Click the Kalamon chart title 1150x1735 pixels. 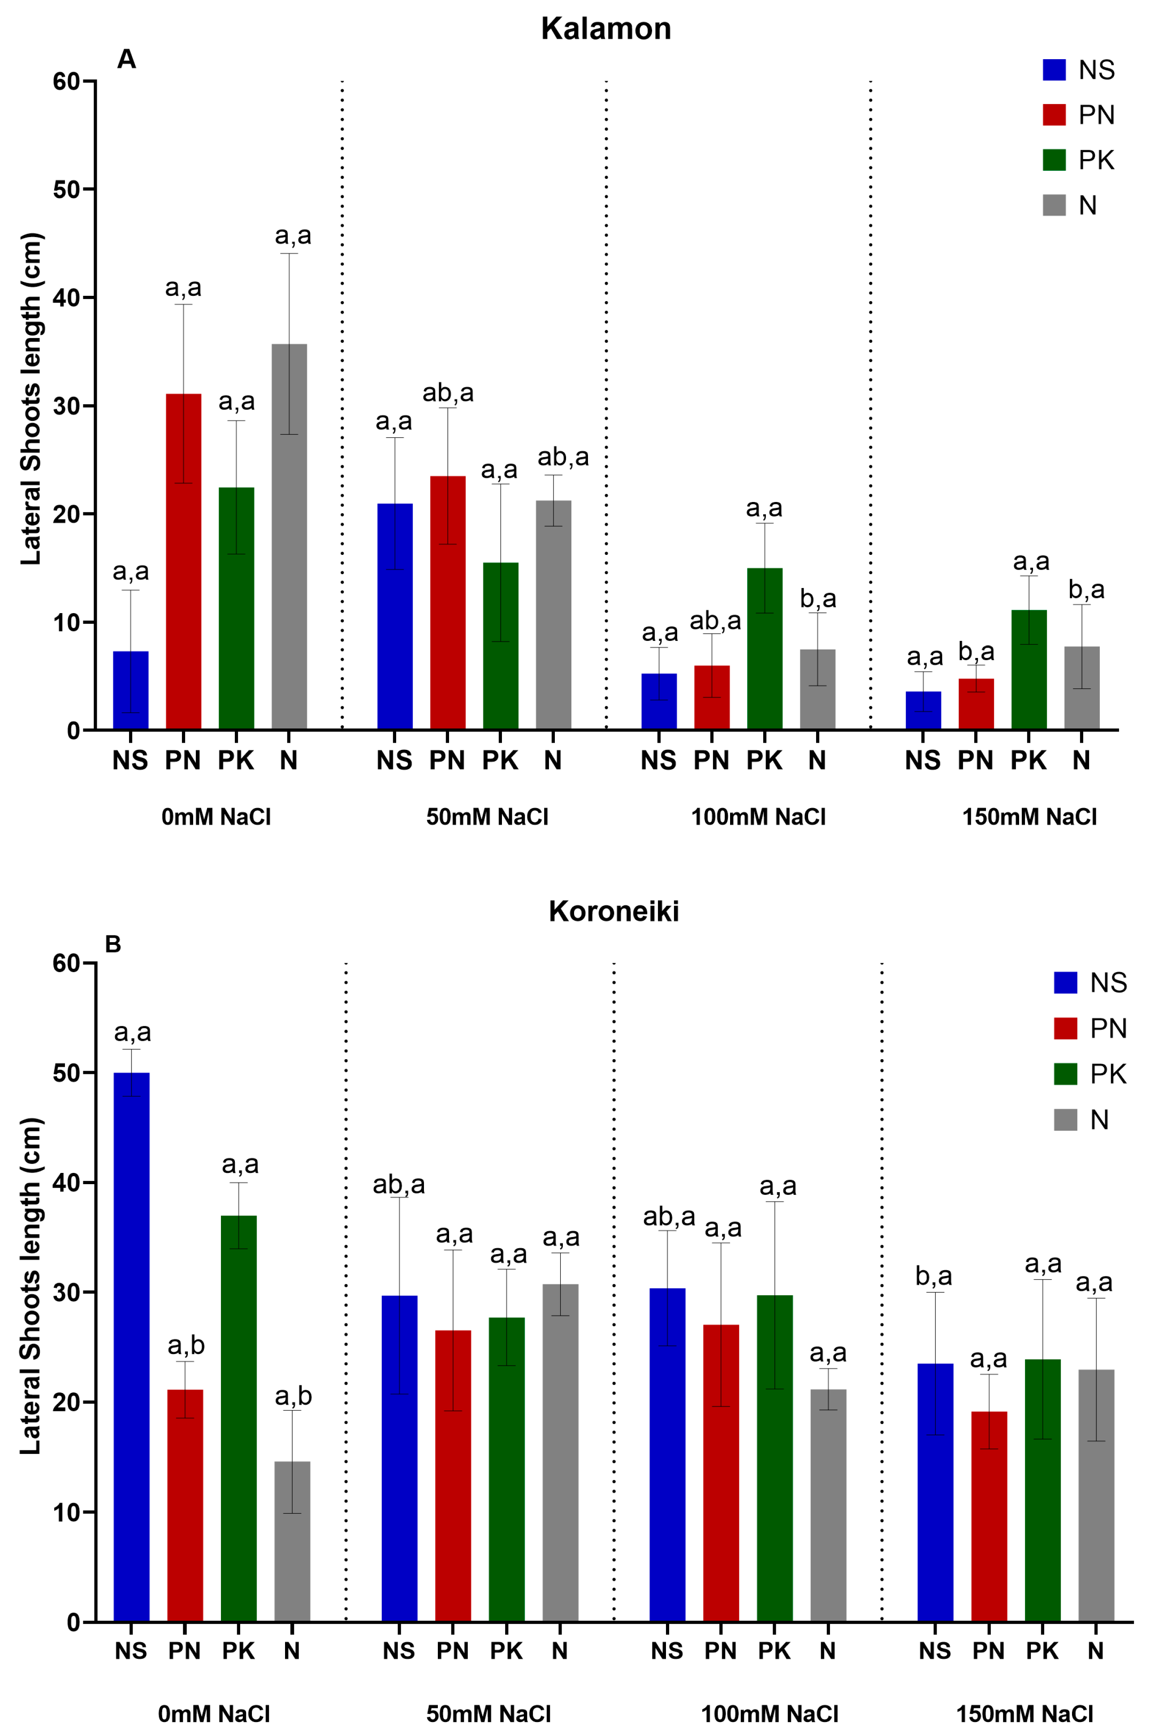click(x=606, y=29)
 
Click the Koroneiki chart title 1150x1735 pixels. click(x=614, y=912)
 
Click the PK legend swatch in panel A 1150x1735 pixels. click(x=1054, y=160)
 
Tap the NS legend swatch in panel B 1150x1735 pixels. click(x=1065, y=982)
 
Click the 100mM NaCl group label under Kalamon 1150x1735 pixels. click(x=758, y=817)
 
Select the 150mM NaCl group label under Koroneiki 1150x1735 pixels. click(x=1025, y=1714)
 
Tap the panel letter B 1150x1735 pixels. click(x=113, y=944)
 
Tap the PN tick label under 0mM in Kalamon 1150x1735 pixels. click(x=182, y=761)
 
